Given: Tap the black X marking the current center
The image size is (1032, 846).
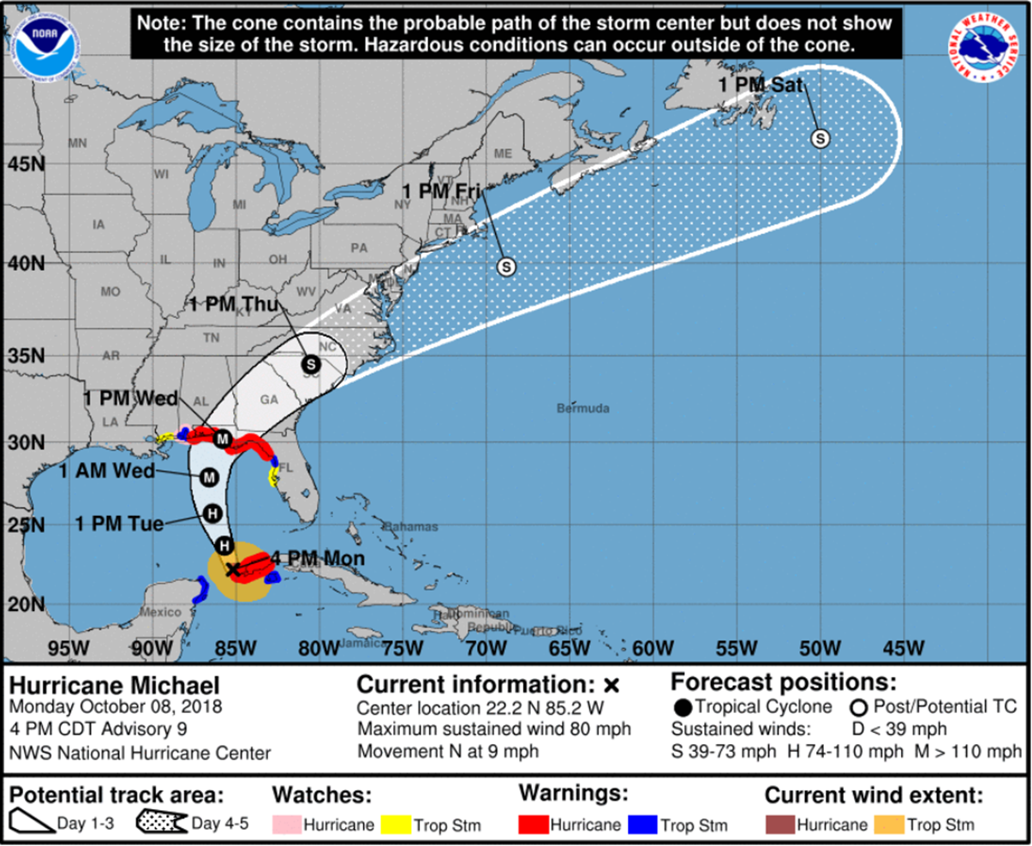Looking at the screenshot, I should point(233,569).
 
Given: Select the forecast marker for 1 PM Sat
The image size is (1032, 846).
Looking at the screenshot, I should point(820,138).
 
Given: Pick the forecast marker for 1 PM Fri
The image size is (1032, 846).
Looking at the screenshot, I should point(506,267).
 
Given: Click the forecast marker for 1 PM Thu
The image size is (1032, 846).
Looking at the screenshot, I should point(311,364).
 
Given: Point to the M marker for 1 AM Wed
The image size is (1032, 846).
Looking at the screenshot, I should point(209,477).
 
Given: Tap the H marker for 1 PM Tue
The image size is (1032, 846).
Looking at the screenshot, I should point(213,513).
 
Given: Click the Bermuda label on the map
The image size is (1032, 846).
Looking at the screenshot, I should point(583,408).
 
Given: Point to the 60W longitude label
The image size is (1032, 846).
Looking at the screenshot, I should point(653,649).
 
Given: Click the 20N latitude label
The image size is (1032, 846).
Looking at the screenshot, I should point(26,603).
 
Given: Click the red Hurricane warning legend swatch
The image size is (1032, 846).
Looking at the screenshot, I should point(534,825).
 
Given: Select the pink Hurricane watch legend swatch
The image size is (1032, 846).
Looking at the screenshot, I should point(286,825).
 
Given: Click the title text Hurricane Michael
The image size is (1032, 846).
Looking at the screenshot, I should point(115,686).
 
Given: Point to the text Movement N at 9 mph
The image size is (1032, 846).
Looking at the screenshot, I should point(448,752).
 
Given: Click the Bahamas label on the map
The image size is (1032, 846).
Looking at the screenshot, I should point(410,526).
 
